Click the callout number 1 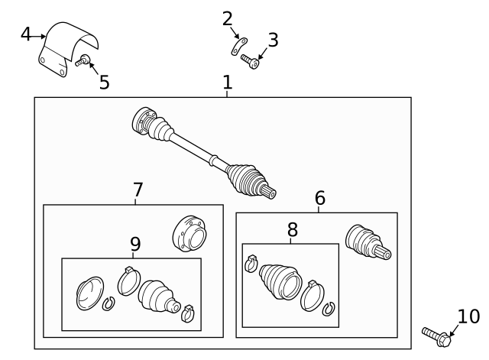point(227,83)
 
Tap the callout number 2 point(227,18)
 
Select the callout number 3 point(272,39)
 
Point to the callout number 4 point(26,34)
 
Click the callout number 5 point(104,83)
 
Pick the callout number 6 point(319,198)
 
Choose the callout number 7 point(138,189)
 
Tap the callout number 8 point(292,229)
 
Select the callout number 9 point(134,244)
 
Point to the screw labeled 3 point(249,60)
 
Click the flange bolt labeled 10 point(437,334)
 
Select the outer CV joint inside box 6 point(366,241)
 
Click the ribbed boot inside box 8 point(280,281)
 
